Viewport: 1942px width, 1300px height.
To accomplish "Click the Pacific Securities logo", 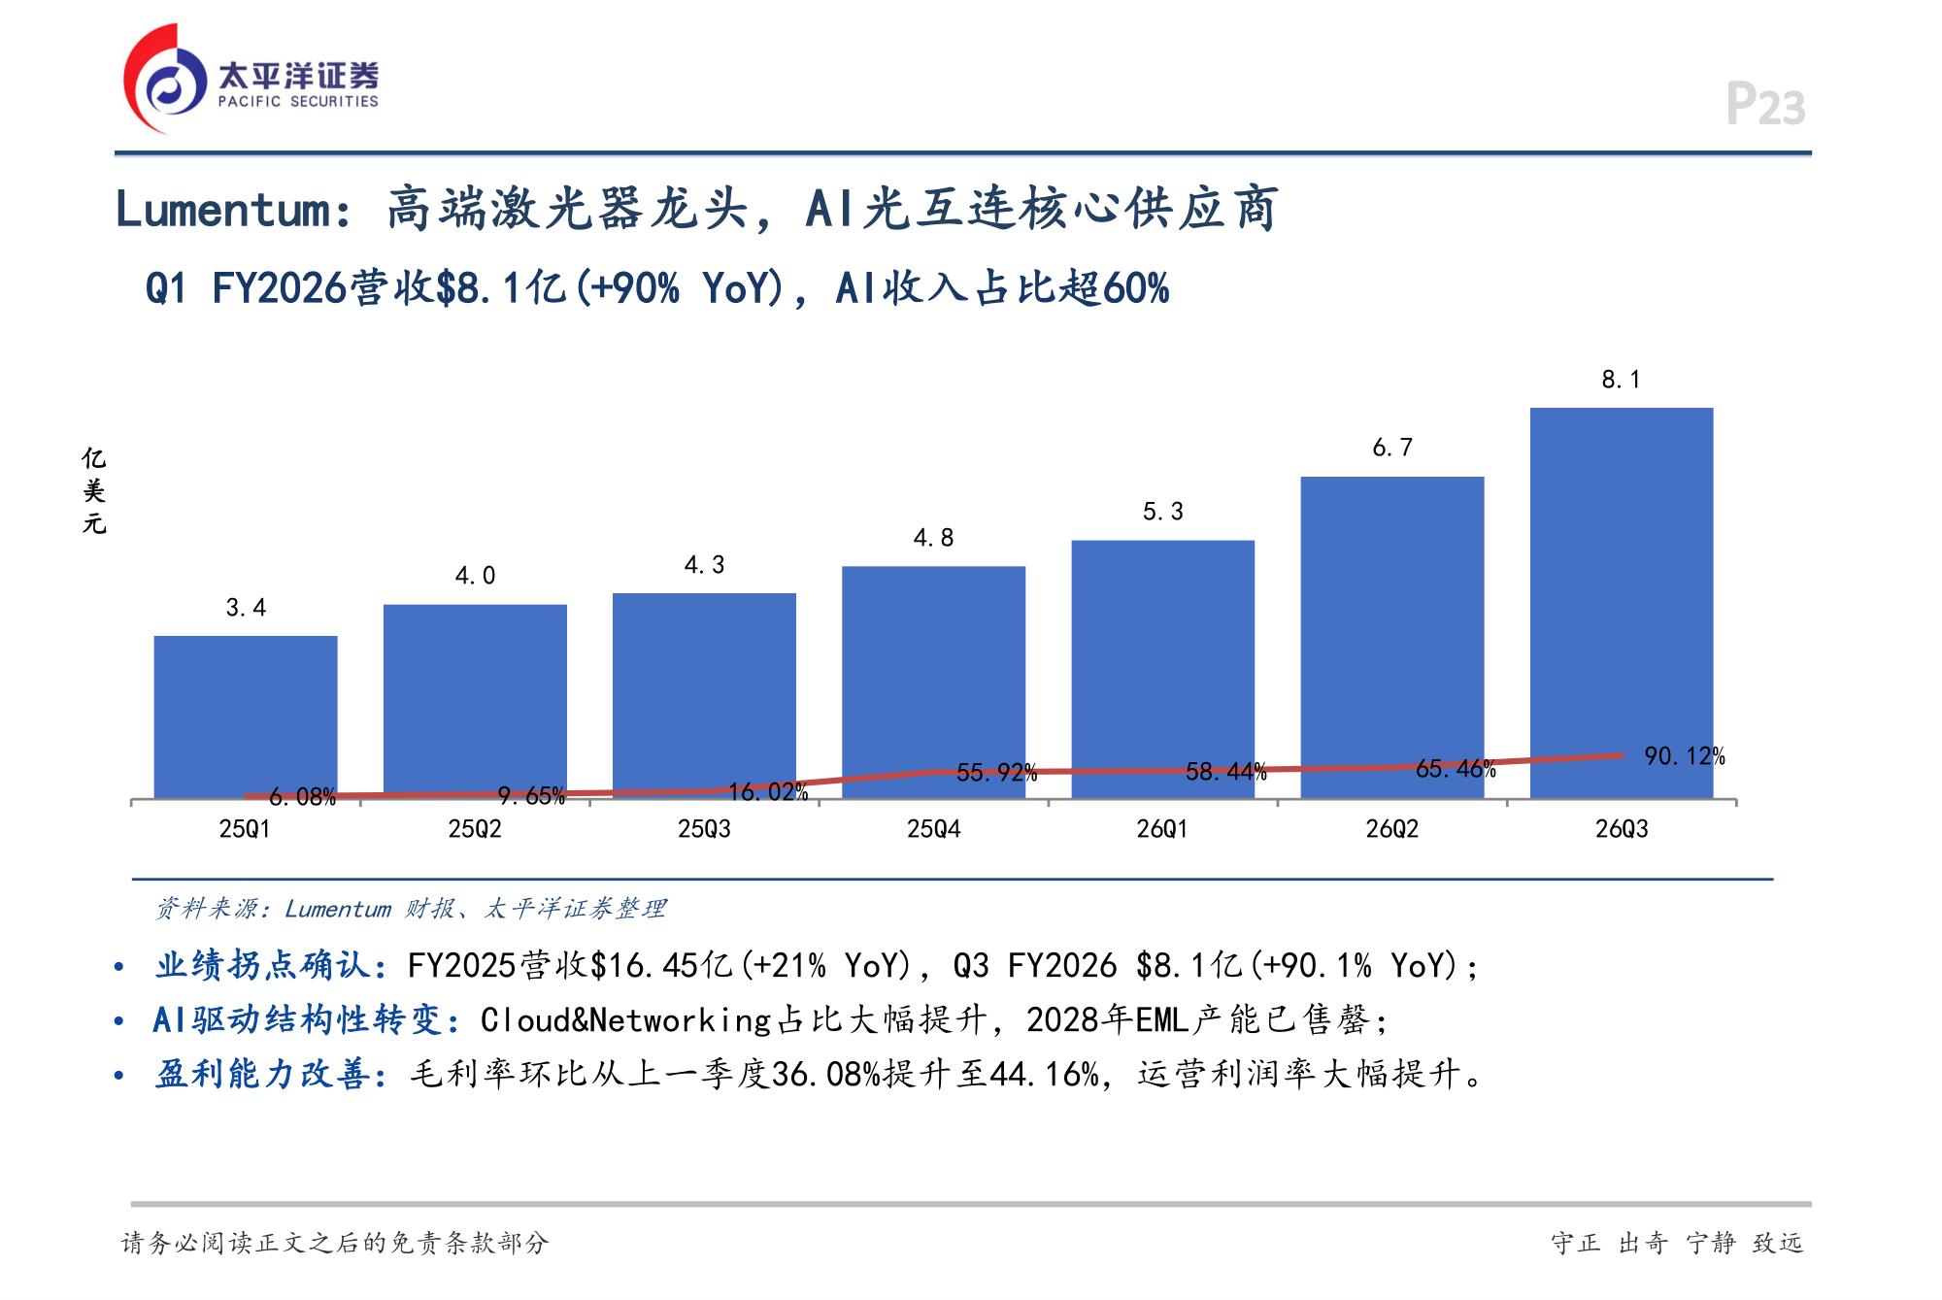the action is (x=251, y=79).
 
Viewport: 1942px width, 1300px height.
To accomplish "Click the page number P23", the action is (x=1765, y=104).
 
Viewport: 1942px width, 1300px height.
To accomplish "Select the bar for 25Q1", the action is (x=246, y=717).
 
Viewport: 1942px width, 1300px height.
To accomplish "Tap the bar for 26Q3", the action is (x=1622, y=603).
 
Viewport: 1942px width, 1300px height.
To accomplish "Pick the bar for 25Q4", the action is (x=933, y=683).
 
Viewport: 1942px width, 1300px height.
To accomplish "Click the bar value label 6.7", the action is (x=1392, y=448).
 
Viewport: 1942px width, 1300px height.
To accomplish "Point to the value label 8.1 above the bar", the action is (x=1622, y=380).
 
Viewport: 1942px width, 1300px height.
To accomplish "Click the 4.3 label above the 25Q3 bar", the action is (x=705, y=565).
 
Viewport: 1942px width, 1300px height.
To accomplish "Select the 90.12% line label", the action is (x=1685, y=756).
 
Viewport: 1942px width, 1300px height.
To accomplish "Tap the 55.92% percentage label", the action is (x=997, y=773).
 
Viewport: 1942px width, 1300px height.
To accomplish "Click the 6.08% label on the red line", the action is (x=302, y=797).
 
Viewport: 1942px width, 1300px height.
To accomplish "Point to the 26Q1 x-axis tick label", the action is (x=1163, y=829).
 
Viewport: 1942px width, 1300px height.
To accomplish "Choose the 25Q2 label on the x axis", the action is (x=475, y=829).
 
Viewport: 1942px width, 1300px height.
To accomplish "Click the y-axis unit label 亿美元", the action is (x=94, y=491).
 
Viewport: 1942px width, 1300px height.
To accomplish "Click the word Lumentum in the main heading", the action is (x=223, y=210).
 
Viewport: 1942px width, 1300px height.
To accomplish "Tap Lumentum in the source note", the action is (x=338, y=909).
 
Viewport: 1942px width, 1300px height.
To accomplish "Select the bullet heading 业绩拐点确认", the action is (x=262, y=965).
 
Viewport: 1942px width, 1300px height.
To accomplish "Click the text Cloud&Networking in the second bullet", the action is (x=626, y=1019).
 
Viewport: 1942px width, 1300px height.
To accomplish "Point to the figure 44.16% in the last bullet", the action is (x=1044, y=1074).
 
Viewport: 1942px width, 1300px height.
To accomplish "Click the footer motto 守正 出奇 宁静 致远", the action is (x=1677, y=1243).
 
